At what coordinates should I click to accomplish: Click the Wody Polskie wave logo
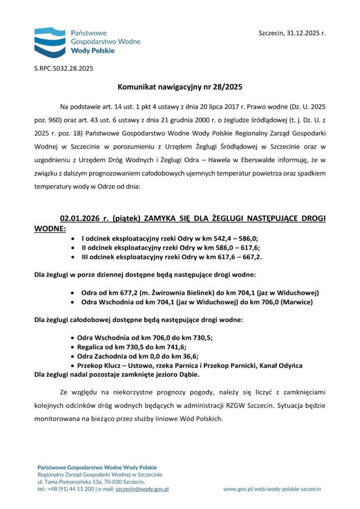click(x=50, y=42)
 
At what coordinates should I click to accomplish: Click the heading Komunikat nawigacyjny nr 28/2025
click(x=180, y=86)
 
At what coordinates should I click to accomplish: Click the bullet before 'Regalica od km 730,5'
click(x=74, y=347)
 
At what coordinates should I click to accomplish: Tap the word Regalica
click(x=92, y=347)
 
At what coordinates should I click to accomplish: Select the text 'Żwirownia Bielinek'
click(x=169, y=292)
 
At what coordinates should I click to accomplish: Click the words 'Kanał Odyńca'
click(x=280, y=365)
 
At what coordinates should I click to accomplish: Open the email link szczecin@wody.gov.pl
click(x=142, y=489)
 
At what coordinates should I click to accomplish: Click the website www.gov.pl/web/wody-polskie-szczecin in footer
click(x=271, y=489)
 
